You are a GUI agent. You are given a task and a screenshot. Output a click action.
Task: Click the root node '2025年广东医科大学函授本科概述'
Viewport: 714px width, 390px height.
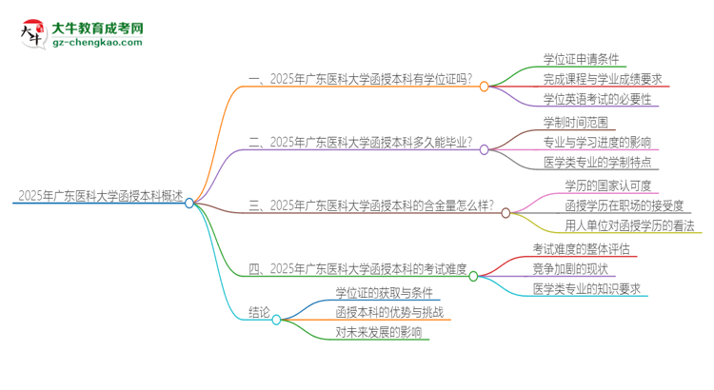[99, 196]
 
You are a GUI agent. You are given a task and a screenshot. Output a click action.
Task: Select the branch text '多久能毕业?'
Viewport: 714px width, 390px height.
[362, 143]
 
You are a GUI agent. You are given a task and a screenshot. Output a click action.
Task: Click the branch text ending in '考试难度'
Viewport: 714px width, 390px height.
[358, 268]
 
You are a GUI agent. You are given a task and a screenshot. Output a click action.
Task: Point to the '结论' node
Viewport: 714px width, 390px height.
[260, 311]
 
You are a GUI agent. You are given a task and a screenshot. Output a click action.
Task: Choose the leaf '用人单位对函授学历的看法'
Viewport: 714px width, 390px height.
[629, 225]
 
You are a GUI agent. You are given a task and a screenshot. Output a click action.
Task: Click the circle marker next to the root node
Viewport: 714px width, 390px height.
[189, 203]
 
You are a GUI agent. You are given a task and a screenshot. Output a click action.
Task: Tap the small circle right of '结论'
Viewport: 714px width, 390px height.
[276, 321]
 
